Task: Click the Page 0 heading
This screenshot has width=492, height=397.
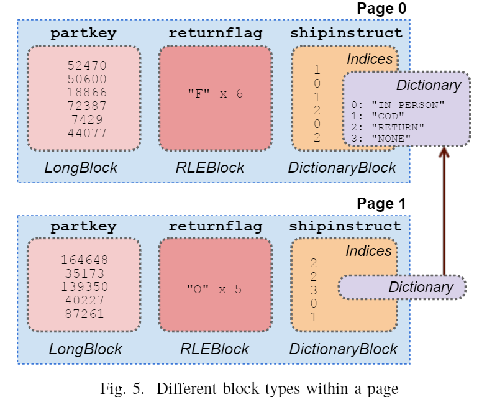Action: pyautogui.click(x=381, y=9)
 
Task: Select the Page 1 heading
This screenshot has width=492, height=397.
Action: pyautogui.click(x=381, y=204)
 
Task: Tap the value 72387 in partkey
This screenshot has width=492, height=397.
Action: pyautogui.click(x=87, y=106)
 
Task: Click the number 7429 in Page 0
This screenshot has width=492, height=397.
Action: pyautogui.click(x=87, y=119)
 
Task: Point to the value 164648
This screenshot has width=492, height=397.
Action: pyautogui.click(x=84, y=260)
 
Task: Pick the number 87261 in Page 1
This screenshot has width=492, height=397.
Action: pyautogui.click(x=84, y=314)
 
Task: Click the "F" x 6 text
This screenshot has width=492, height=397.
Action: pyautogui.click(x=215, y=93)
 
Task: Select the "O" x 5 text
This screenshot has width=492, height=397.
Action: pyautogui.click(x=214, y=289)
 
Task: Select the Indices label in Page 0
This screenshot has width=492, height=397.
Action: pyautogui.click(x=370, y=59)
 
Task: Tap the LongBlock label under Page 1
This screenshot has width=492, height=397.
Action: pyautogui.click(x=86, y=349)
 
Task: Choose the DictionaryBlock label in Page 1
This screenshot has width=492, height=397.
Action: pyautogui.click(x=343, y=349)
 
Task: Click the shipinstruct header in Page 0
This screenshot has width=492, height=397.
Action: pyautogui.click(x=346, y=34)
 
